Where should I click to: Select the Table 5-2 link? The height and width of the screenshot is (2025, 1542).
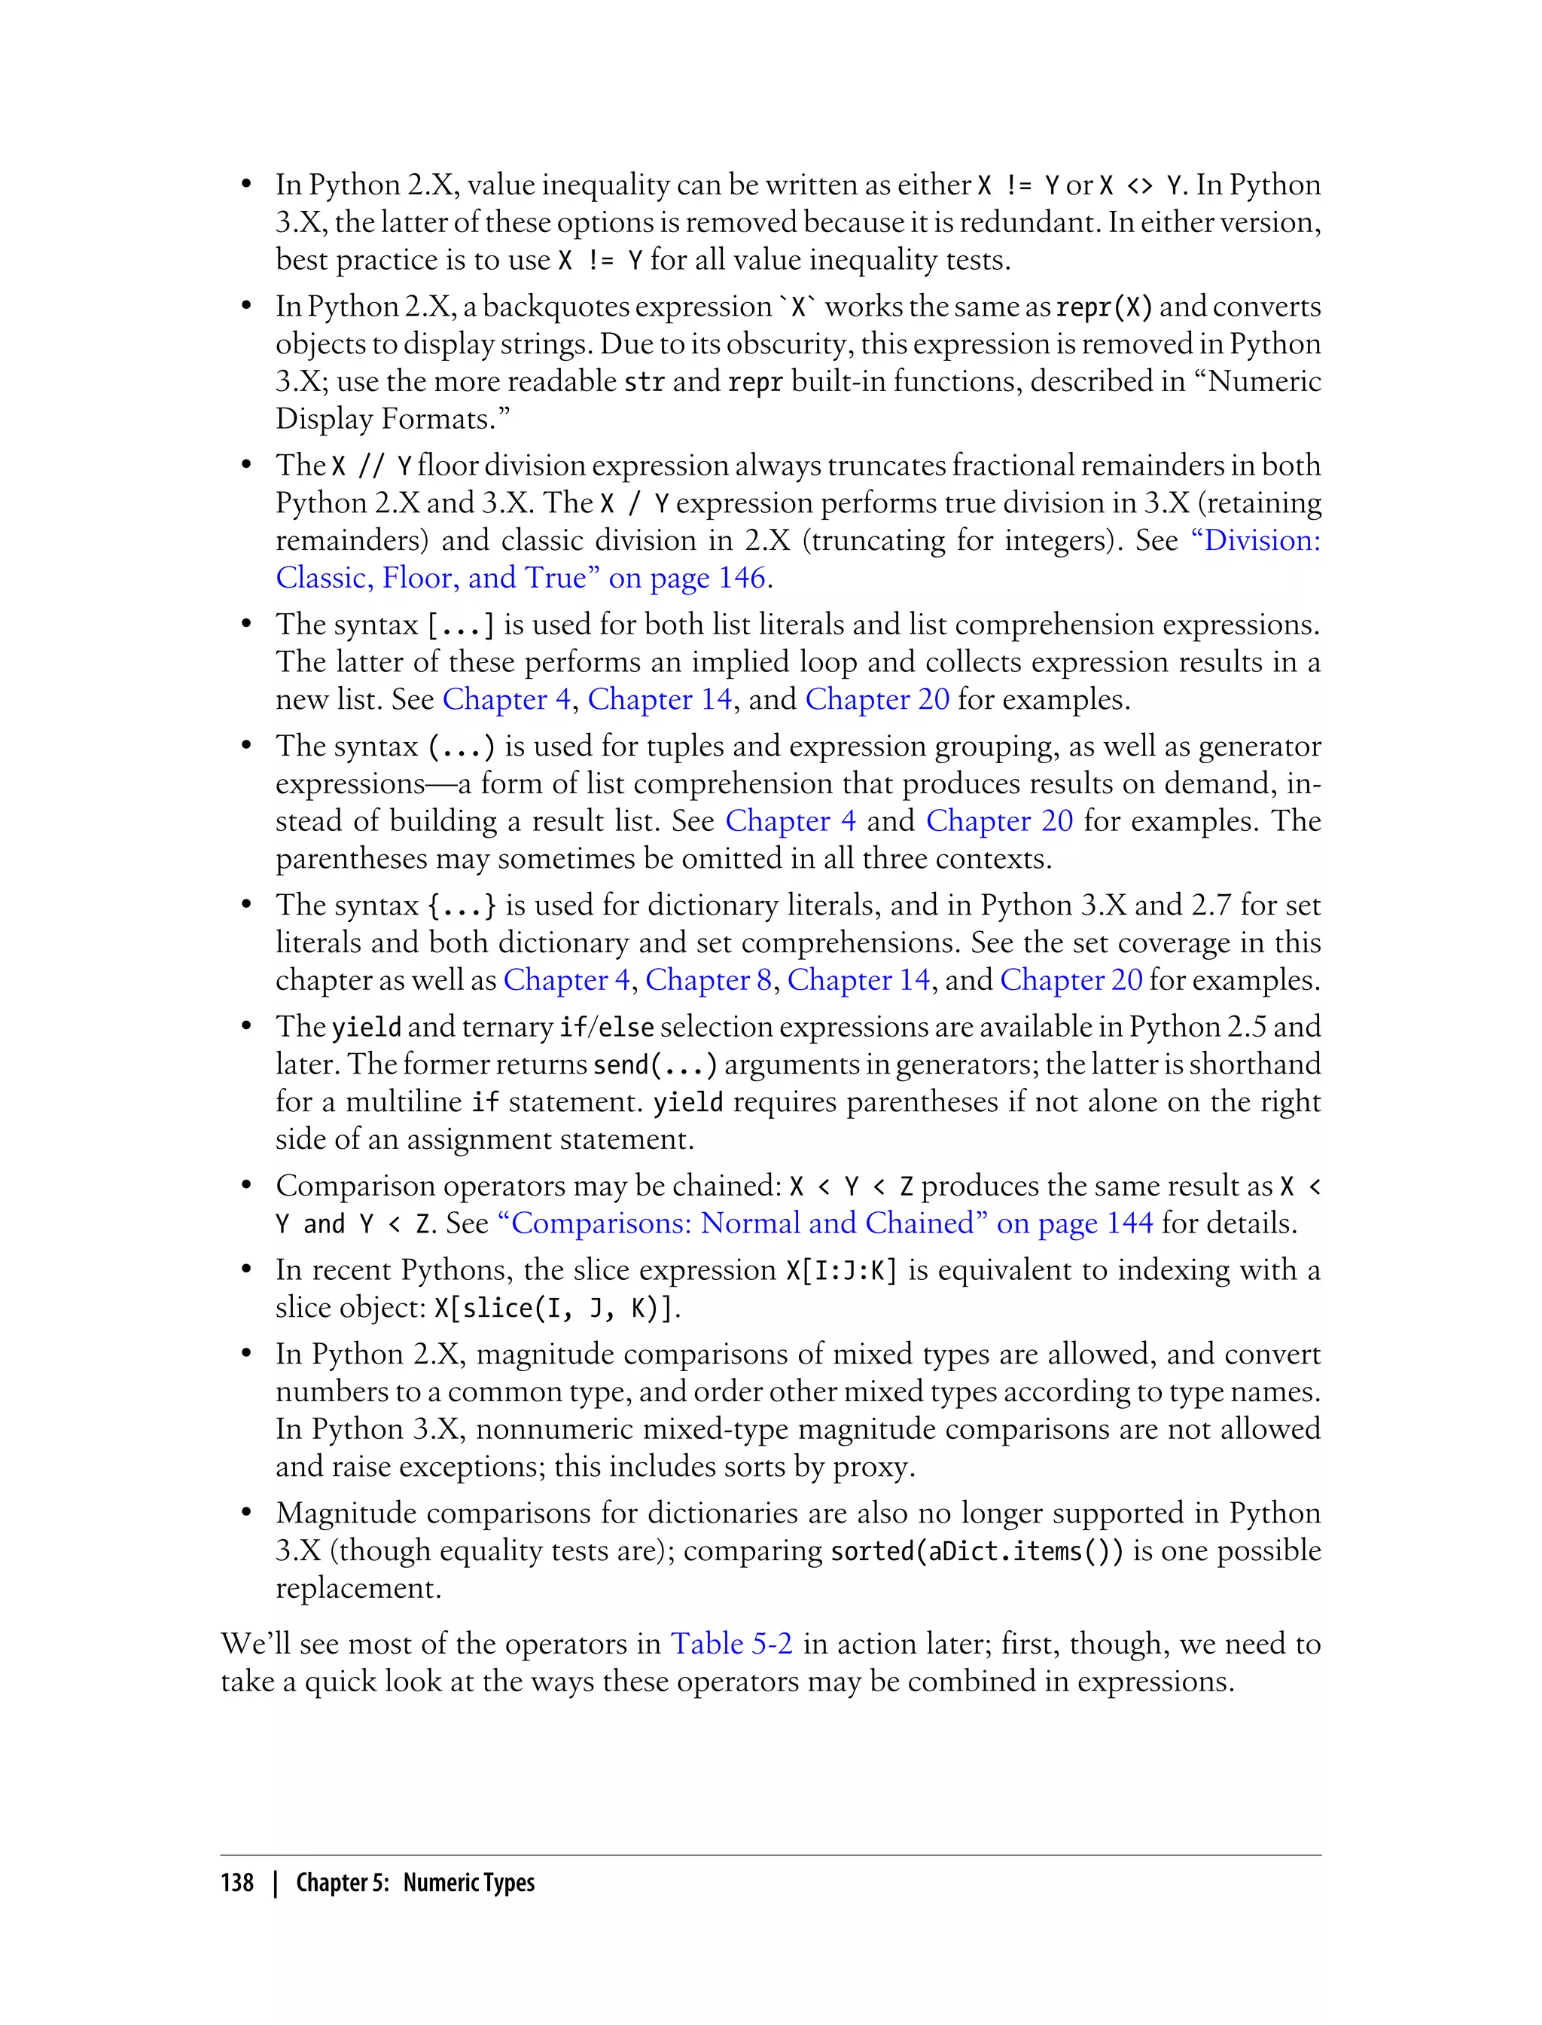[732, 1643]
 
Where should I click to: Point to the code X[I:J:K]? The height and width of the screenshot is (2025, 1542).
[841, 1270]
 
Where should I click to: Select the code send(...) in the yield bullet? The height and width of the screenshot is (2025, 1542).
[654, 1064]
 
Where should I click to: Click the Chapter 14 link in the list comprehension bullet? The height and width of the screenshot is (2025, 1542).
[659, 699]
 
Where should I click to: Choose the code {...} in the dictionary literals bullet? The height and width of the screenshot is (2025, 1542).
[462, 906]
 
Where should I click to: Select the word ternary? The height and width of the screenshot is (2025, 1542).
[507, 1027]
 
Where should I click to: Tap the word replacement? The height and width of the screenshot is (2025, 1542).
[358, 1588]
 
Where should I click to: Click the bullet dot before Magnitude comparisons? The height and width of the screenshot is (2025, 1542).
[246, 1513]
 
